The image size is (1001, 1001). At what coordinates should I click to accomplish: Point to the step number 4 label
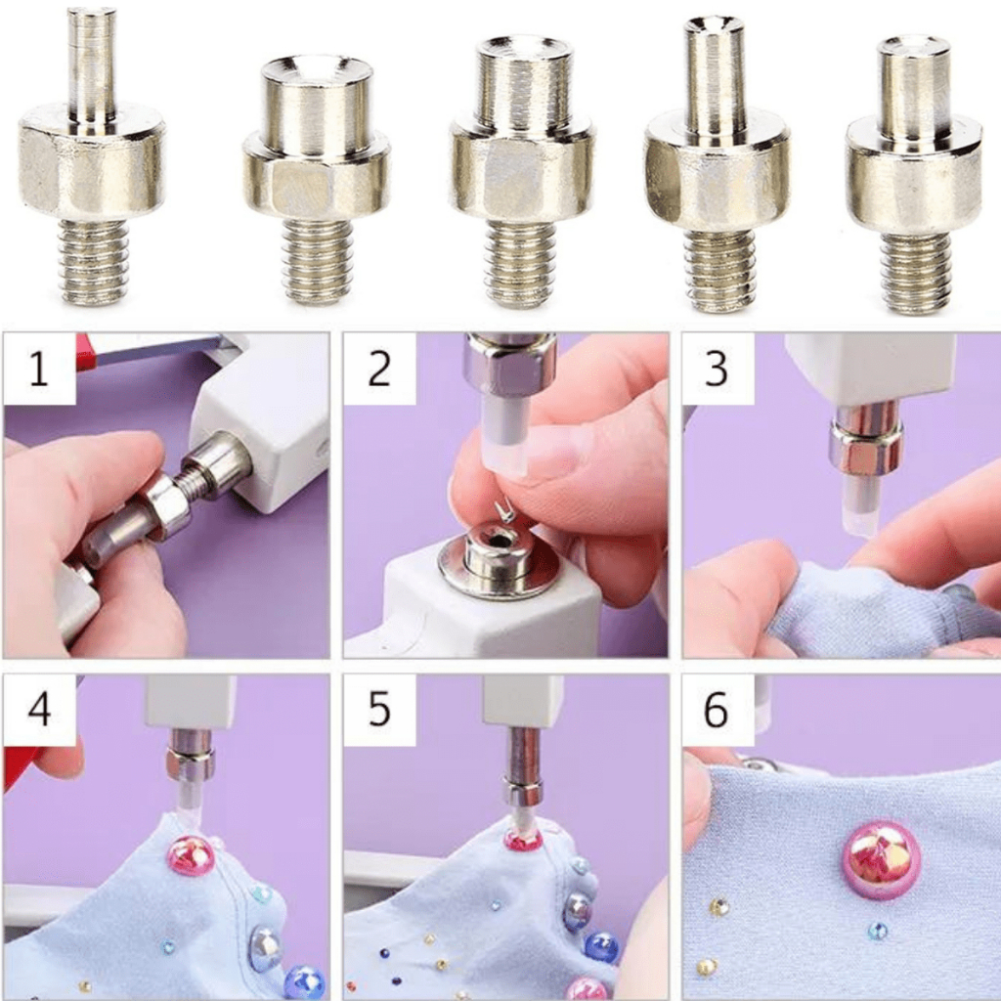coord(39,709)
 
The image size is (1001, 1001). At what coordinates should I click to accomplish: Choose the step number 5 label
coord(379,709)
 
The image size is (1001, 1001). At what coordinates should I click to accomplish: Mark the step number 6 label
coord(716,709)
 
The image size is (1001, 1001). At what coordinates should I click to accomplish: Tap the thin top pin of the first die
coord(93,64)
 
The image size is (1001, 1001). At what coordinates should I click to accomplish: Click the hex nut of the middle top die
coord(522,170)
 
